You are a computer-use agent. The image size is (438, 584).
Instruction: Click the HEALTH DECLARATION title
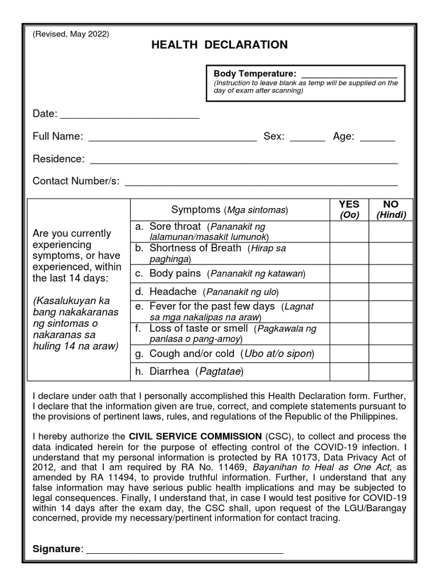[219, 45]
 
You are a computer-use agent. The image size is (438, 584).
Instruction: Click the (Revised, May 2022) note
[71, 34]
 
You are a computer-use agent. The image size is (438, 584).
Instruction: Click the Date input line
[129, 116]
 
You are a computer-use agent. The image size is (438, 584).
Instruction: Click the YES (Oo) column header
[349, 209]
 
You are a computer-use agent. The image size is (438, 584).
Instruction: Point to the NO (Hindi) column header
[391, 209]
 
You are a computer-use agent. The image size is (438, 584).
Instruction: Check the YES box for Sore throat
[349, 232]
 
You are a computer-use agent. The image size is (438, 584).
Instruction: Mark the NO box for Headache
[391, 291]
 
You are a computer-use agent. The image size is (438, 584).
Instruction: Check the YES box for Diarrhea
[349, 372]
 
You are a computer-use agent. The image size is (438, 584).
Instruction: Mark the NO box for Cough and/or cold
[391, 354]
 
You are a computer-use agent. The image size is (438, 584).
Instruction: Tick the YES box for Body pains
[349, 274]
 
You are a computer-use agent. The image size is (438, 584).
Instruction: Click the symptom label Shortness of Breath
[195, 248]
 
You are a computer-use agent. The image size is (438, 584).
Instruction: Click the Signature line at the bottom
[184, 550]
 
